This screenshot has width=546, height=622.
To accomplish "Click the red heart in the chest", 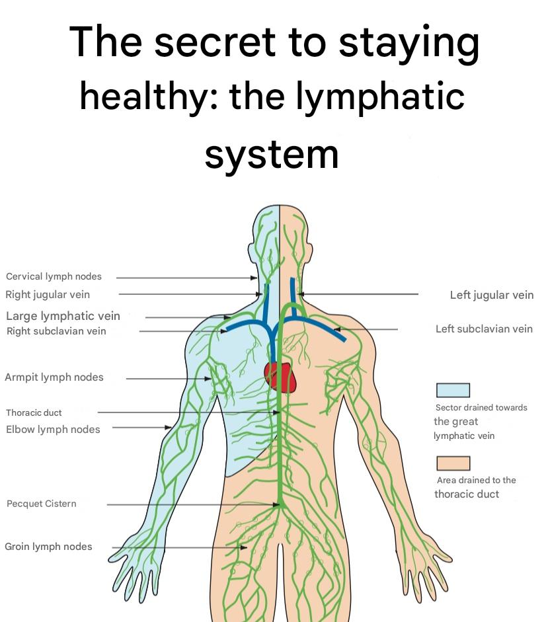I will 280,377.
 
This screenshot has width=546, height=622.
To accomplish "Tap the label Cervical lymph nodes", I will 54,276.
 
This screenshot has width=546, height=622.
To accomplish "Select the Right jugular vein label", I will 48,294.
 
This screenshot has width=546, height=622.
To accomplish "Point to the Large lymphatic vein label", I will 63,316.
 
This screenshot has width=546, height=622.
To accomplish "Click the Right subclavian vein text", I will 56,331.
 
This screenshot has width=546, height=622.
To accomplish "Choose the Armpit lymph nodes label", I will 54,377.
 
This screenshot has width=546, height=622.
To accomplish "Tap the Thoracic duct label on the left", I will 34,412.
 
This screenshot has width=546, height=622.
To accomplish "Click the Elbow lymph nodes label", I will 53,430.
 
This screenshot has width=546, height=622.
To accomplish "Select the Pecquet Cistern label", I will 41,504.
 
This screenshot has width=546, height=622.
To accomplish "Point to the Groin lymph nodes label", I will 48,547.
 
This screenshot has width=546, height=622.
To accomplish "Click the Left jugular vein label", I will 491,295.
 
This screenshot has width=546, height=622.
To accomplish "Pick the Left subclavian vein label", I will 484,329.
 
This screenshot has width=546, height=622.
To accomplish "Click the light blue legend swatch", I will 453,390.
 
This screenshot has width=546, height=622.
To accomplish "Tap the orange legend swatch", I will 453,463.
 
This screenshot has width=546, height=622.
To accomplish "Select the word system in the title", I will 272,154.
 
